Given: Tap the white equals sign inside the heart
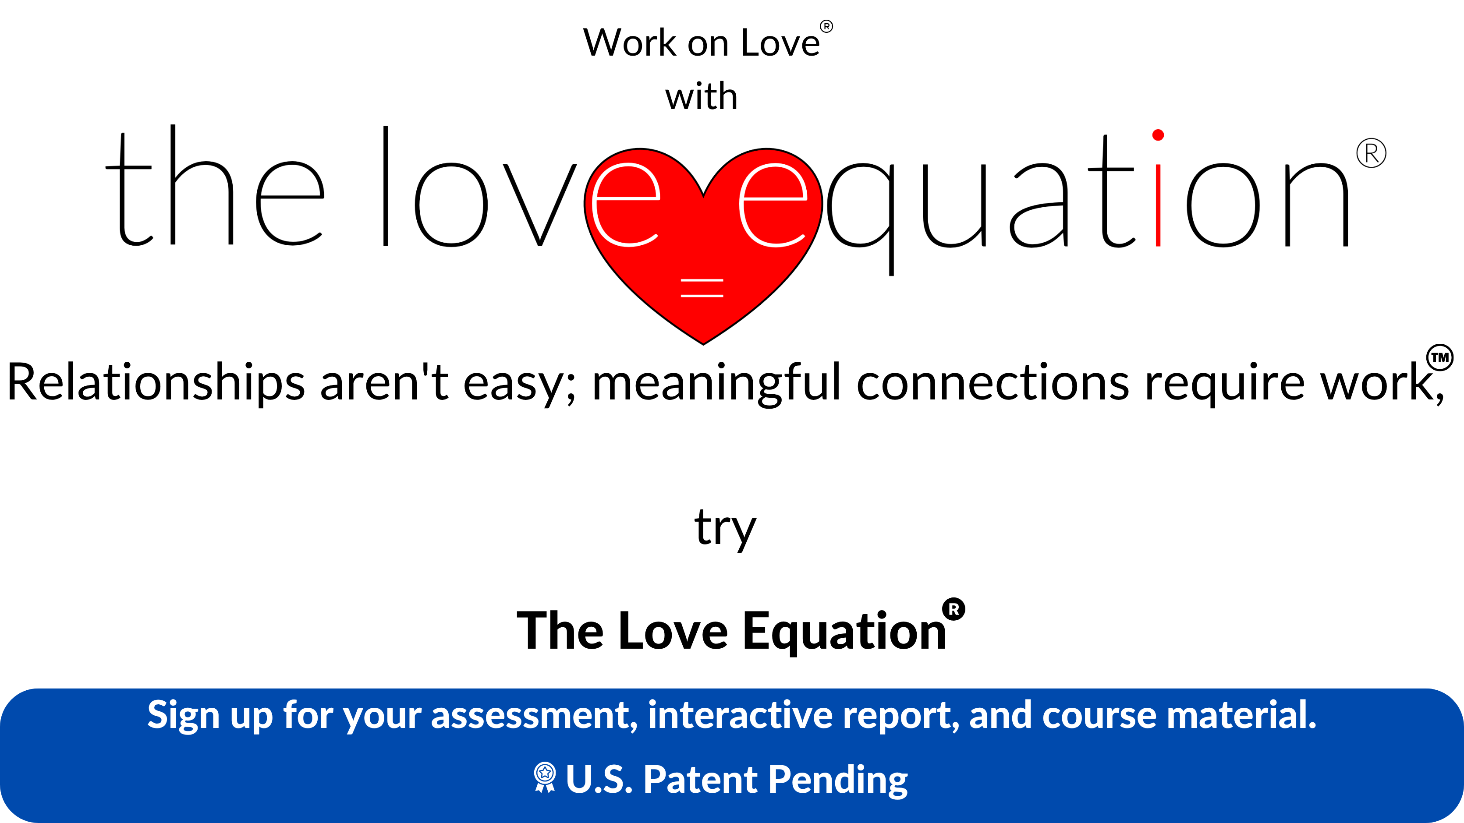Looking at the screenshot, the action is click(702, 288).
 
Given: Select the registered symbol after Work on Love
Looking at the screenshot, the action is click(826, 26).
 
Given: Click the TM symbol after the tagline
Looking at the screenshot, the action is click(1439, 357).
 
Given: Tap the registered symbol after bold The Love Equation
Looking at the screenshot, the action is click(954, 609).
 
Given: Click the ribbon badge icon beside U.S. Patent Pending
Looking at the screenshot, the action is click(544, 777).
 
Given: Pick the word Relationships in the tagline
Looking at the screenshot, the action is click(156, 383).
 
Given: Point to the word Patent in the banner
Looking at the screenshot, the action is click(700, 779).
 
